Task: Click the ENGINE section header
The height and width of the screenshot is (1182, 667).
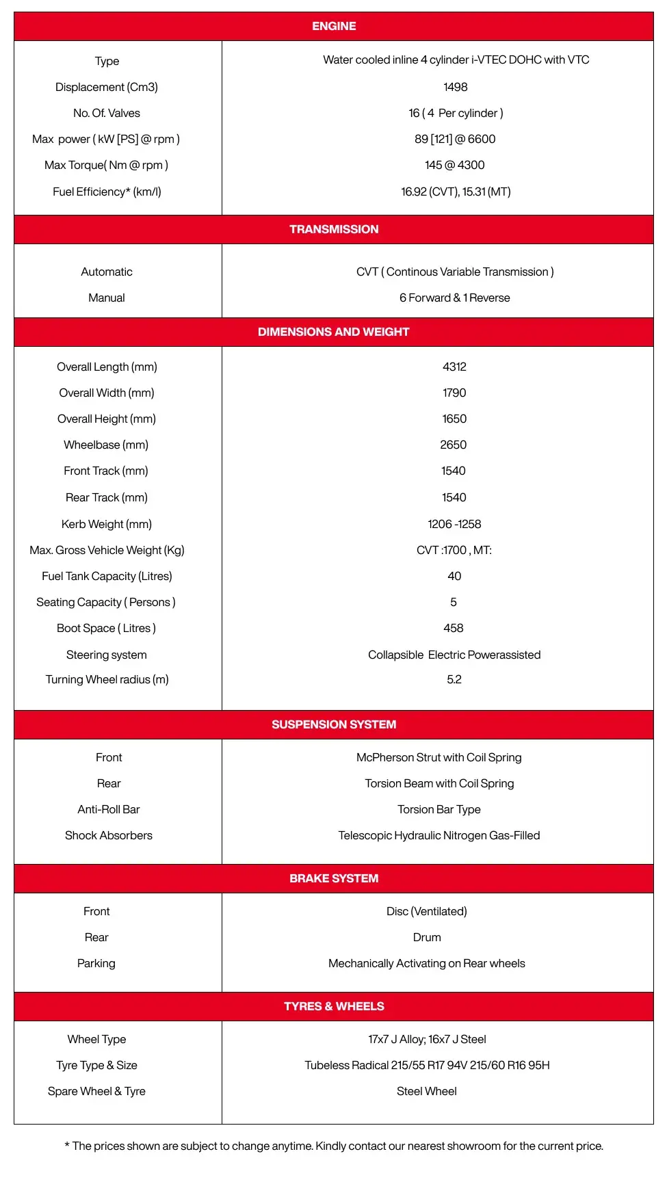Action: pos(334,26)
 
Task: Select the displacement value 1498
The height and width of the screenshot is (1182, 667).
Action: pos(455,87)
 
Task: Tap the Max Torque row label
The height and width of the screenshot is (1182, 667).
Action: pos(106,165)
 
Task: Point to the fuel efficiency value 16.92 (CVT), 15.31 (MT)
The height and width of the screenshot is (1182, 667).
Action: pos(456,192)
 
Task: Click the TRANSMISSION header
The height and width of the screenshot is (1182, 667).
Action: pos(334,229)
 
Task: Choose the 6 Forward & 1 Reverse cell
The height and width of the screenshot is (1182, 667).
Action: pos(454,298)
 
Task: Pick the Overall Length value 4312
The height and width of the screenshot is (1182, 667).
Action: pos(454,367)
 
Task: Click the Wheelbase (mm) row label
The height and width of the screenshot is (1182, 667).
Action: pos(106,445)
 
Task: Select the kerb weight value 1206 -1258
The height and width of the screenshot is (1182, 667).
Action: pos(454,524)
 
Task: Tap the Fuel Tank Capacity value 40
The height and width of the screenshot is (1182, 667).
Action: pos(454,576)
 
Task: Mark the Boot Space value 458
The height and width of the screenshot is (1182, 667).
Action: pos(453,628)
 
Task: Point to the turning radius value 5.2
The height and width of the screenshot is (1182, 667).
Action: pos(454,679)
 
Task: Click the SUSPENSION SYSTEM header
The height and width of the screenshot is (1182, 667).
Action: pos(334,724)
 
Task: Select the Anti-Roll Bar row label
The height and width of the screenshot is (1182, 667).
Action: pos(109,809)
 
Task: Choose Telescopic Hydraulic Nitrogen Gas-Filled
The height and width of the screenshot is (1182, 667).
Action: pos(439,835)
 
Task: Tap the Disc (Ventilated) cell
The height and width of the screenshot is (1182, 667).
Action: pos(427,911)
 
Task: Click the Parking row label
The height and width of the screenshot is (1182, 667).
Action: pos(96,963)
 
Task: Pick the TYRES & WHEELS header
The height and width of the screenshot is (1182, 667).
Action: pos(334,1006)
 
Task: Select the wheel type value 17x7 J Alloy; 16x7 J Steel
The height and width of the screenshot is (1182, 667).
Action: pos(427,1039)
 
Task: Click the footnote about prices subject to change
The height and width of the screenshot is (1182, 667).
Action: pos(334,1146)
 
